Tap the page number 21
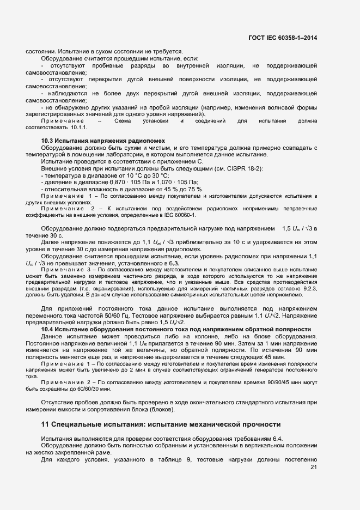(x=313, y=467)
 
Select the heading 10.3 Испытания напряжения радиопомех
(x=103, y=141)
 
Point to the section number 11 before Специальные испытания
(x=46, y=424)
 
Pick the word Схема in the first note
(x=123, y=120)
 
